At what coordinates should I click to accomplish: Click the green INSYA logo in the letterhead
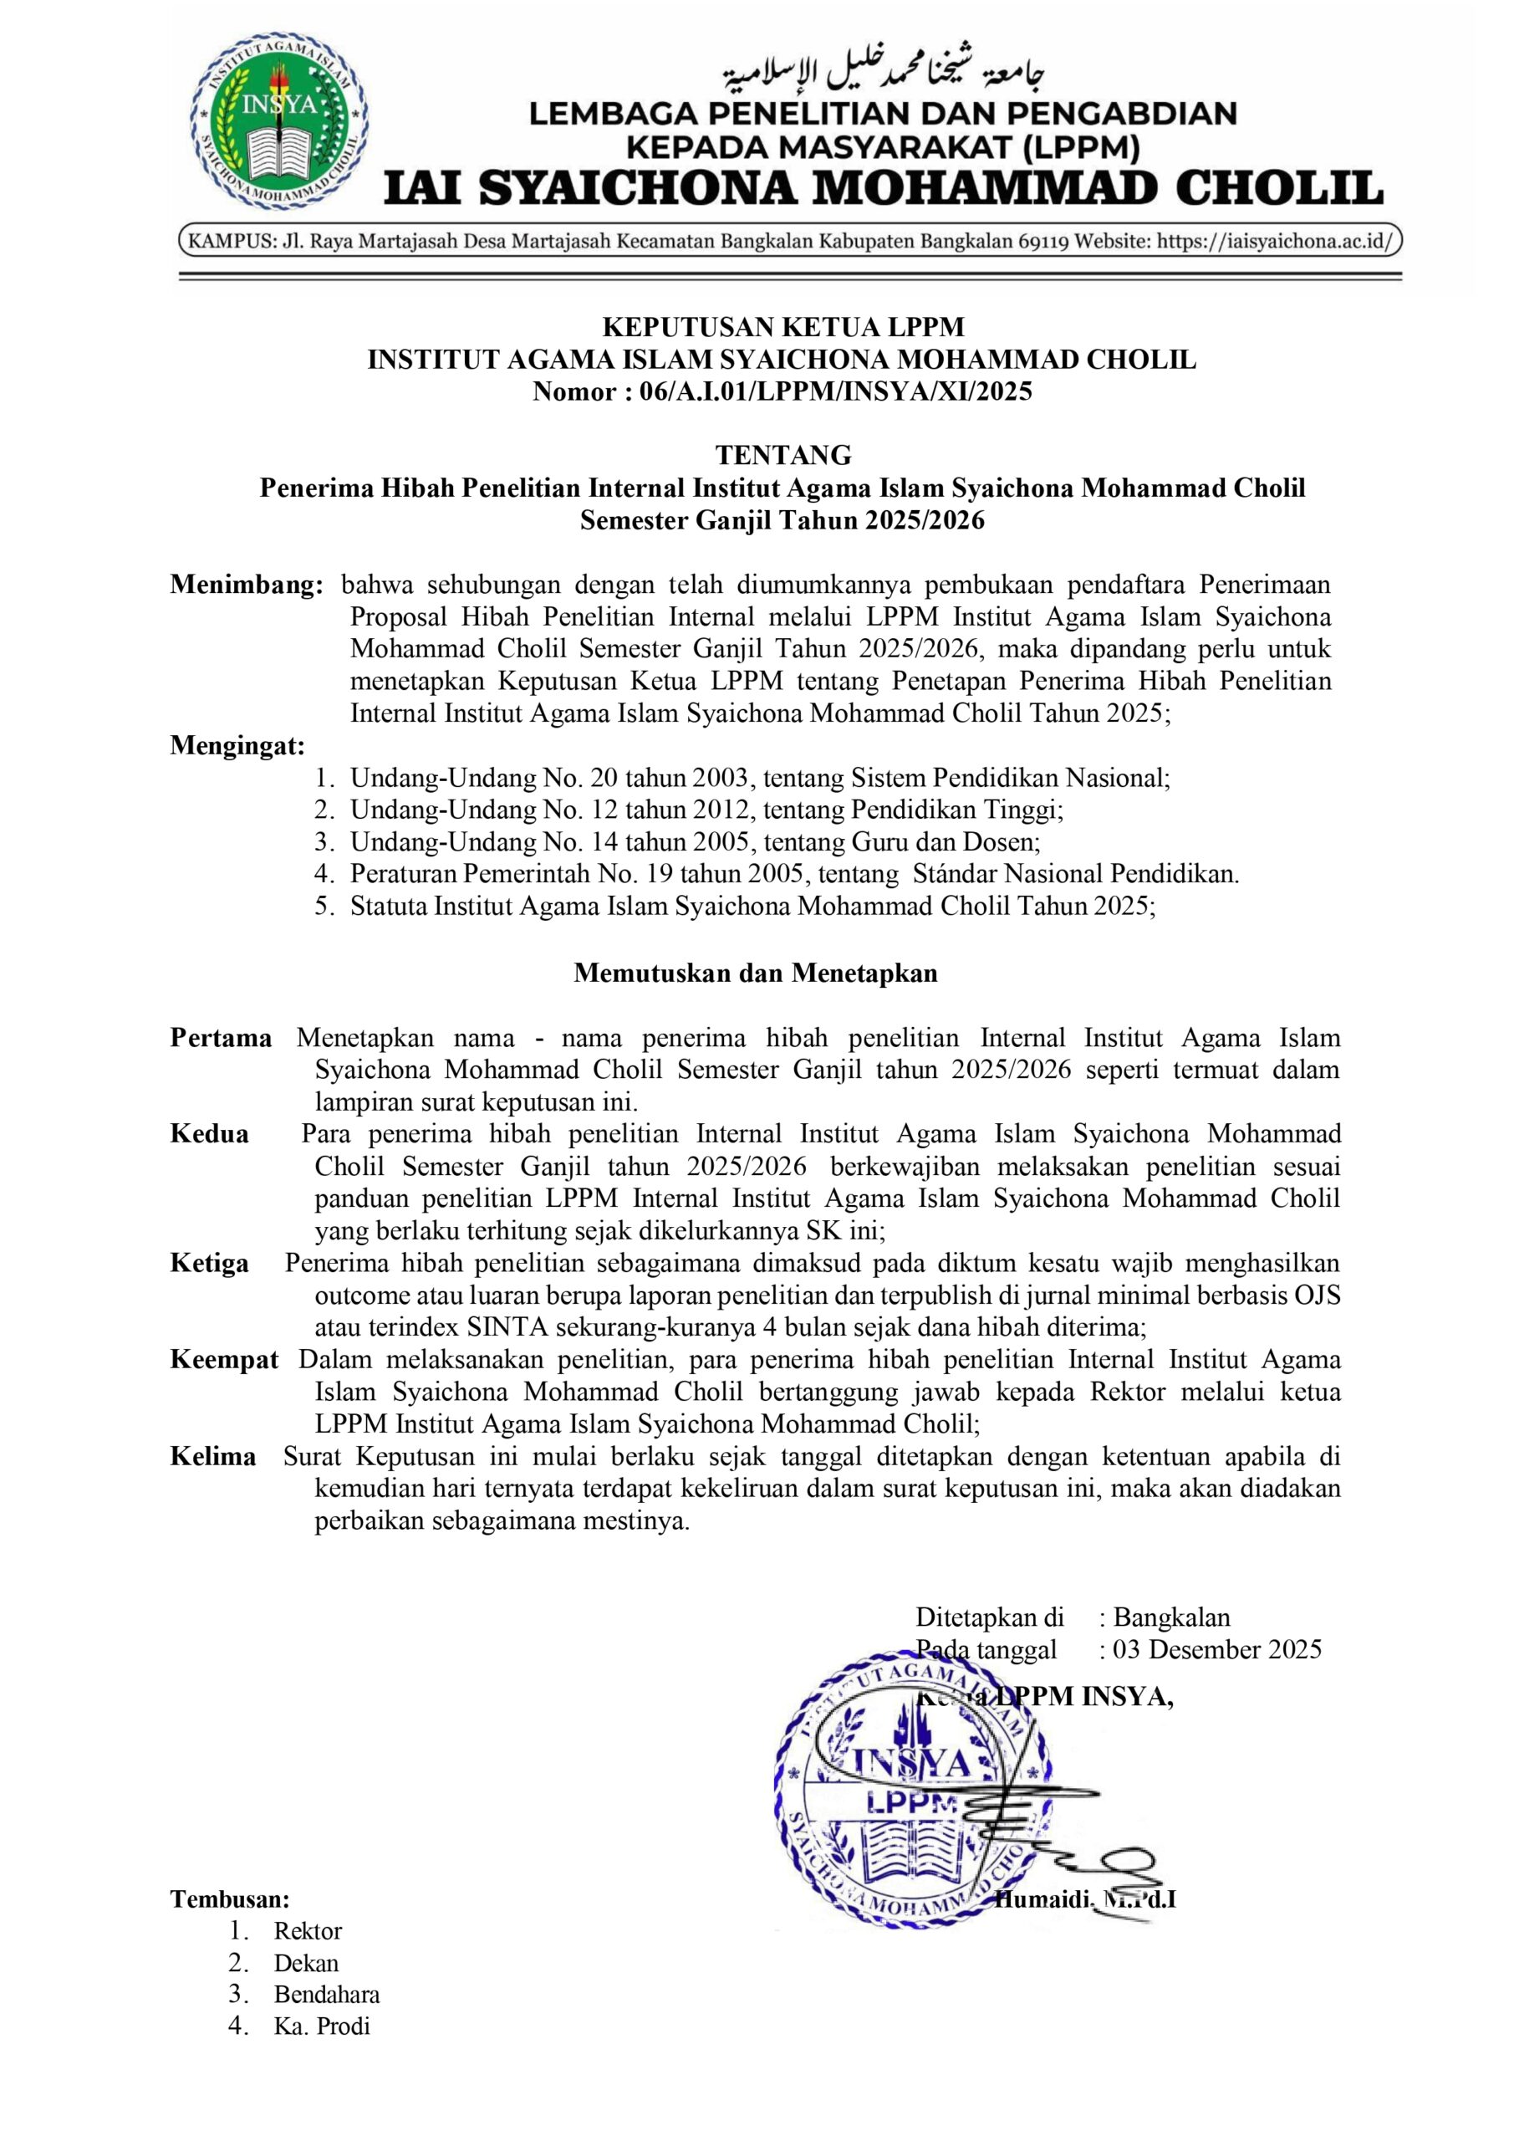(x=278, y=131)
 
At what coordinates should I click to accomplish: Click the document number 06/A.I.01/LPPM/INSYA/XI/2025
(x=835, y=391)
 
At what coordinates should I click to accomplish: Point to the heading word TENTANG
(x=783, y=455)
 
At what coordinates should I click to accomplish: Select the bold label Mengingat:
(x=237, y=745)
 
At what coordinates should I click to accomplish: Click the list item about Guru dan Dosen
(x=695, y=842)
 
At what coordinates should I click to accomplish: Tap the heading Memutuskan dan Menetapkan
(x=755, y=973)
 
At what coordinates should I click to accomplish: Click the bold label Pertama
(x=221, y=1038)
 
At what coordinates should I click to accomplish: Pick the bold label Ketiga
(x=210, y=1264)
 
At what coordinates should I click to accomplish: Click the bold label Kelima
(x=213, y=1457)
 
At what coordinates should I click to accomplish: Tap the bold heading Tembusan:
(x=229, y=1899)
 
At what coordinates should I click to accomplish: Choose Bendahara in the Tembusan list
(x=326, y=1995)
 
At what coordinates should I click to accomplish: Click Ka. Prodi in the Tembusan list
(x=322, y=2026)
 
